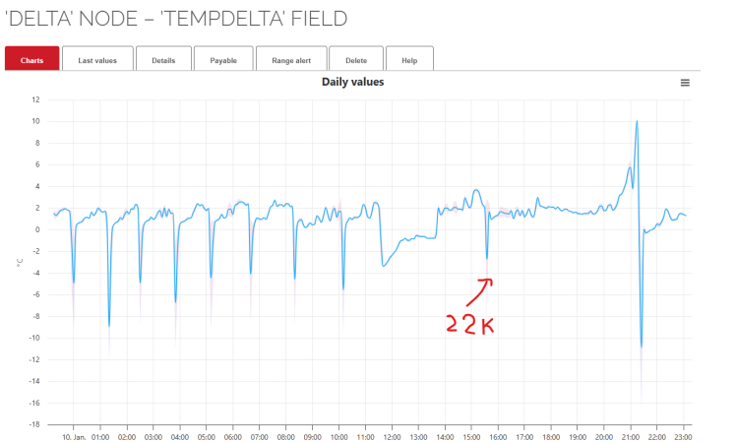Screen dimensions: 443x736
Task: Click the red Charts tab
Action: tap(31, 60)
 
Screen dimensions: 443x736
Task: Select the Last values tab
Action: tap(97, 60)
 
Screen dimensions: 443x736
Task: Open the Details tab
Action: tap(163, 60)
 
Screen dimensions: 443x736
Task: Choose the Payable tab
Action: tap(223, 60)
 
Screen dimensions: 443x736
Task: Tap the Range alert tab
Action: tap(290, 60)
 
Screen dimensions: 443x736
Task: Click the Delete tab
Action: tap(356, 60)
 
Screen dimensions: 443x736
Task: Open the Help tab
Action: tap(409, 60)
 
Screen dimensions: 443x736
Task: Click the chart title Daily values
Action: tap(352, 82)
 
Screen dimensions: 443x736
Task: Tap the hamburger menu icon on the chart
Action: tap(685, 83)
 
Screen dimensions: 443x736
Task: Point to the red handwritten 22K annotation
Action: tap(468, 324)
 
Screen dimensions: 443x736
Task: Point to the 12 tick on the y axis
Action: tap(35, 99)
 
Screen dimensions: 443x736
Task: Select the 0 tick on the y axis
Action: tap(36, 230)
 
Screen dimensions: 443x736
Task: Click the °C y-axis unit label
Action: tap(19, 263)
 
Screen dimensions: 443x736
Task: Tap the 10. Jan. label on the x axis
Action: tap(74, 436)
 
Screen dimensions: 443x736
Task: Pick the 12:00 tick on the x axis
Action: tap(392, 436)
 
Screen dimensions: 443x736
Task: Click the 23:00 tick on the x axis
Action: tap(683, 436)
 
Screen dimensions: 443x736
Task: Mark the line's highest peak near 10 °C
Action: tap(637, 122)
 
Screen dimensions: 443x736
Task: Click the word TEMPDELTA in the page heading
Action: tap(212, 19)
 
